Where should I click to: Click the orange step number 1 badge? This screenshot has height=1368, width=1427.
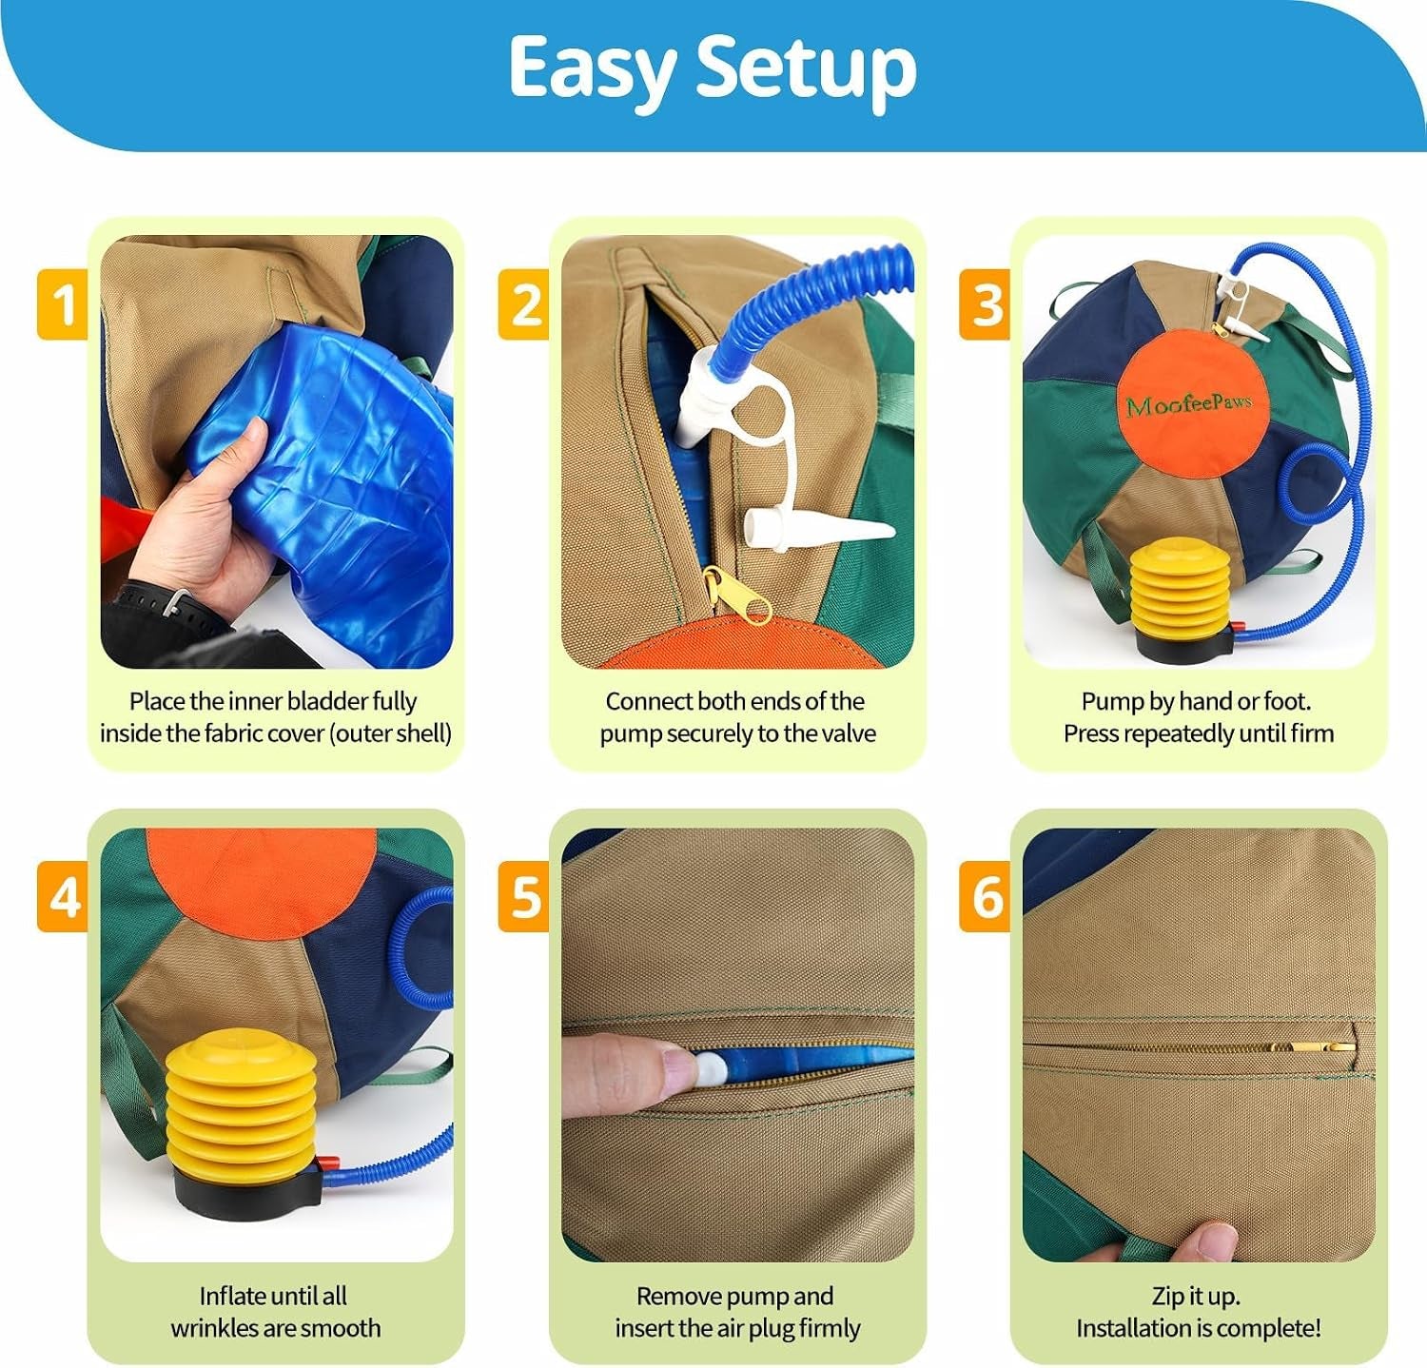coord(63,304)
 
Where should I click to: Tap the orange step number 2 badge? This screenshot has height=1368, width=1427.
coord(524,304)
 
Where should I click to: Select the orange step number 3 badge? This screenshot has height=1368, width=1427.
coord(985,304)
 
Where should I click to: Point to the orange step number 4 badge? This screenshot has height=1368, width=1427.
coord(63,897)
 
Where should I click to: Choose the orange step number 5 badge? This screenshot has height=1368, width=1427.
coord(524,897)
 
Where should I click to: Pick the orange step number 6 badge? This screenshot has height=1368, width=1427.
coord(985,897)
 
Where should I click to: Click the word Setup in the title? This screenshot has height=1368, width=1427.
coord(807,69)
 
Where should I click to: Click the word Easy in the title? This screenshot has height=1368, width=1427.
coord(592,69)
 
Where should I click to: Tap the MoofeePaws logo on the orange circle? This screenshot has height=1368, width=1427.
coord(1189,404)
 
